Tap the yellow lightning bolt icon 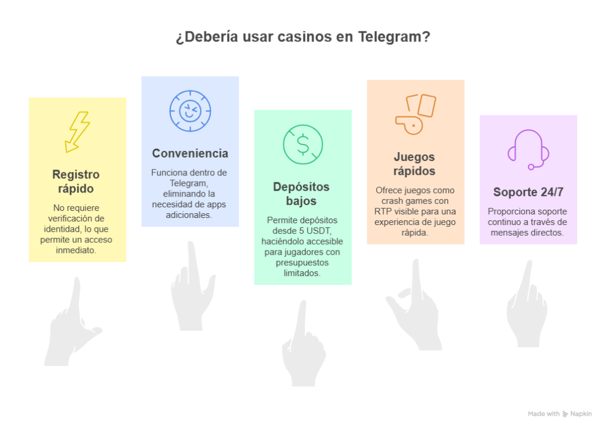tap(78, 131)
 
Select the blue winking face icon tap(189, 111)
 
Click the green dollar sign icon tap(302, 145)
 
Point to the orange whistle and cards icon tap(415, 114)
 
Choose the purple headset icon tap(528, 149)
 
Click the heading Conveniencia tap(190, 153)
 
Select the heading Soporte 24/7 tap(528, 192)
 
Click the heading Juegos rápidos tap(414, 164)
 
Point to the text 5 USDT tap(319, 230)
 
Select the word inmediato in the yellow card tap(76, 251)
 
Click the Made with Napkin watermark tap(560, 414)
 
